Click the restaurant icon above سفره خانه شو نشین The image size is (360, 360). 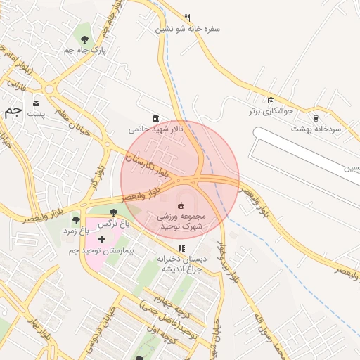click(187, 18)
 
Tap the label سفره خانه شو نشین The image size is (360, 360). click(188, 30)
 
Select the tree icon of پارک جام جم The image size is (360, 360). click(85, 39)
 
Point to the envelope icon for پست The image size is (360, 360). click(35, 103)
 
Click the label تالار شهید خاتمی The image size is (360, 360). click(155, 129)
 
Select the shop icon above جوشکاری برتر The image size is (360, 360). click(271, 100)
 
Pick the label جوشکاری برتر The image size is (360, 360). click(270, 111)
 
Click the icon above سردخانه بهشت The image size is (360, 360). click(316, 118)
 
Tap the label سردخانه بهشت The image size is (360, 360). click(316, 129)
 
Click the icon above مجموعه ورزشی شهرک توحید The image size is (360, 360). click(181, 205)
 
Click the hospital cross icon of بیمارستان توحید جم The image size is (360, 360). click(101, 240)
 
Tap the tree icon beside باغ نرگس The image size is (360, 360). click(113, 212)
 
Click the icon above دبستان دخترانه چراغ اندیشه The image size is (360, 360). click(181, 247)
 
